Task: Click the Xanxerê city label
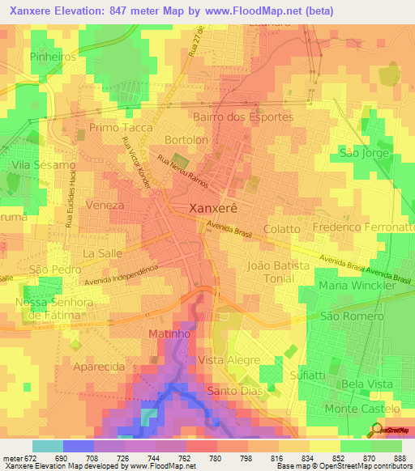[x=212, y=207]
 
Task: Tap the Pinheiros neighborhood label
[x=53, y=57]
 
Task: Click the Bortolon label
[x=186, y=139]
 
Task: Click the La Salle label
[x=101, y=253]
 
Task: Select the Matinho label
[x=169, y=333]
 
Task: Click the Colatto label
[x=281, y=229]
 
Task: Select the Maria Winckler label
[x=357, y=286]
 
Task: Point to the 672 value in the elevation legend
[x=24, y=458]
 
